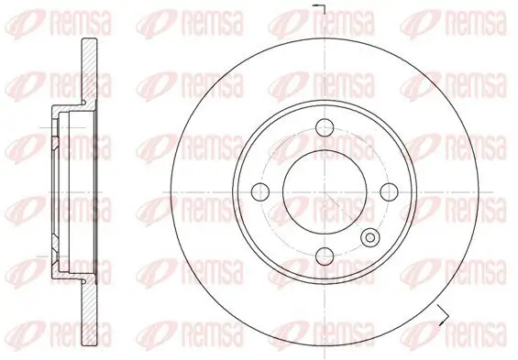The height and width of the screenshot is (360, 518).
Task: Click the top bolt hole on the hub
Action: (322, 126)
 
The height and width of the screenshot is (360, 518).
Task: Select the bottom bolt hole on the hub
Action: (322, 255)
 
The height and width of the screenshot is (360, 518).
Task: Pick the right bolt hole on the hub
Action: (386, 191)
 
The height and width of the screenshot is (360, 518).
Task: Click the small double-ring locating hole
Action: (370, 238)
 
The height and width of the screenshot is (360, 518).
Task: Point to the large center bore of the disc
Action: (322, 191)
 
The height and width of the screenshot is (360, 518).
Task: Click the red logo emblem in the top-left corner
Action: (16, 16)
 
